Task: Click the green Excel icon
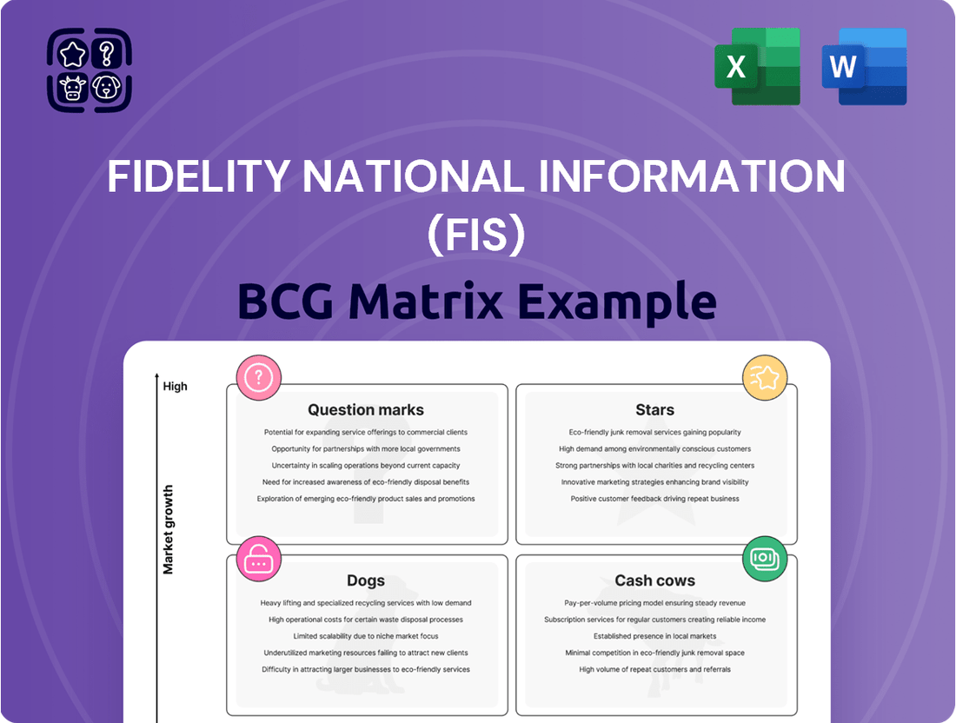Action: click(757, 66)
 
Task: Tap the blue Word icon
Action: click(864, 66)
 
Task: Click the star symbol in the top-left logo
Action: click(72, 54)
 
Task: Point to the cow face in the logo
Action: click(72, 88)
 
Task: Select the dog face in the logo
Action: click(107, 87)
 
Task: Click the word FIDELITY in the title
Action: click(198, 176)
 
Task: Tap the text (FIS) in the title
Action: click(476, 235)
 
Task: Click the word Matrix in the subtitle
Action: click(425, 302)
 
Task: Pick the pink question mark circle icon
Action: click(258, 377)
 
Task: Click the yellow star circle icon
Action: click(765, 377)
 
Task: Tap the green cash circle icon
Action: click(765, 559)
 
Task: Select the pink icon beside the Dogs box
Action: click(258, 559)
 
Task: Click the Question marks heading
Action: click(366, 409)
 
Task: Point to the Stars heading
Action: click(654, 409)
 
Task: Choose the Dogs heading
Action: click(366, 580)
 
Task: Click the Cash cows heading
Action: click(654, 580)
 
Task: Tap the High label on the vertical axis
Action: click(175, 387)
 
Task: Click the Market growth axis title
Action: click(169, 529)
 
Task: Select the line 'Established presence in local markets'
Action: click(654, 636)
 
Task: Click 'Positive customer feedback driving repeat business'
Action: click(654, 499)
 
